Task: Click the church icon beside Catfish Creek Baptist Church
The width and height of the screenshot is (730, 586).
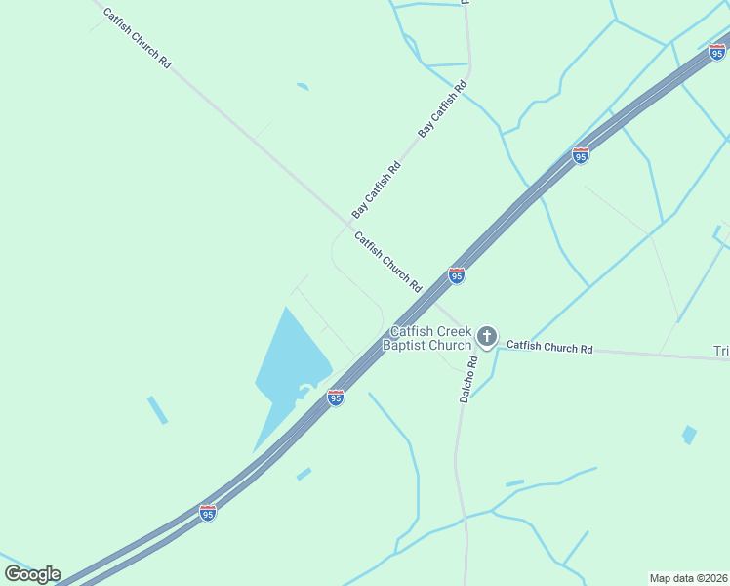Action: coord(486,338)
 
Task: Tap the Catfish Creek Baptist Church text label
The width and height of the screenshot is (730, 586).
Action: coord(430,338)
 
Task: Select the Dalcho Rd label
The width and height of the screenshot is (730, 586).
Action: coord(468,379)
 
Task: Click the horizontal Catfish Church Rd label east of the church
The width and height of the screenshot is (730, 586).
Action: coord(549,347)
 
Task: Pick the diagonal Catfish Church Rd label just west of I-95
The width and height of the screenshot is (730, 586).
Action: coord(387,262)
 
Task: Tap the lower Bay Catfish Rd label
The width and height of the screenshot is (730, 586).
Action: coord(377,189)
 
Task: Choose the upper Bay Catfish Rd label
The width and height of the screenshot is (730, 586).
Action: coord(443,108)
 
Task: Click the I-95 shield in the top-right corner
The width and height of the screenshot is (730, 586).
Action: coord(716,52)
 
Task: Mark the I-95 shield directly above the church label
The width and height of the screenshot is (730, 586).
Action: coord(456,275)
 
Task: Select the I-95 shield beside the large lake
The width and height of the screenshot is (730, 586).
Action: coord(335,398)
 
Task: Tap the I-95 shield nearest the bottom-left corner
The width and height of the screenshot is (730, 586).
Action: coord(207,512)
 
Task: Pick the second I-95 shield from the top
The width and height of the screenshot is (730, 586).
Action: coord(580,155)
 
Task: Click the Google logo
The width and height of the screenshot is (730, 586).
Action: coord(32,574)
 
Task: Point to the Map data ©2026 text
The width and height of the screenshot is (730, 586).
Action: coord(688,577)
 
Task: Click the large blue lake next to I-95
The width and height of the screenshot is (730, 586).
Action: coord(286,371)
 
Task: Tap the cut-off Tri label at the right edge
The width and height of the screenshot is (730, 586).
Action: coord(721,352)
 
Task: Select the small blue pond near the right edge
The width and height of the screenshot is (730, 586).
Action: coord(689,435)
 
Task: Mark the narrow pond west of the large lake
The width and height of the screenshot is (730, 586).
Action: coord(157,410)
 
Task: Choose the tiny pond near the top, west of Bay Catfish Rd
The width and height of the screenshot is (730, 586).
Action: coord(303,87)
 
